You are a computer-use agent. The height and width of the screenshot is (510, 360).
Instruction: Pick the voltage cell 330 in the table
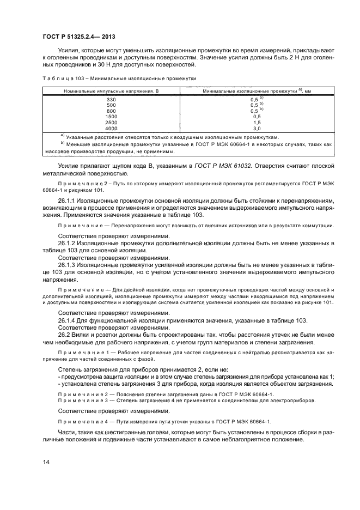pos(111,100)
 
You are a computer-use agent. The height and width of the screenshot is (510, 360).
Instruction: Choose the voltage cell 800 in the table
pos(111,111)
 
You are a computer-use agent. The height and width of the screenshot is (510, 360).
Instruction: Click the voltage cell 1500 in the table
pos(111,116)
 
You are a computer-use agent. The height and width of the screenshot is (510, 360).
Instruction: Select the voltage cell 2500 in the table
pos(111,122)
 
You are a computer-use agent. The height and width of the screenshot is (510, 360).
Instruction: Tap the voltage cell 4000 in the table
pos(111,128)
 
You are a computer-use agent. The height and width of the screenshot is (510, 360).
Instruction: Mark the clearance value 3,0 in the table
pos(257,128)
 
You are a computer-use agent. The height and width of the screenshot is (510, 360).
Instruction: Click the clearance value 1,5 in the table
pos(257,122)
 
